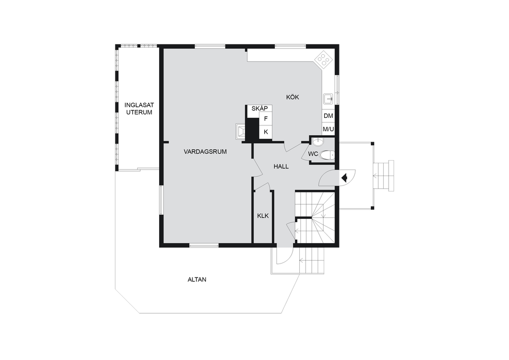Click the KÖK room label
(x=292, y=97)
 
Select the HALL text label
(x=281, y=167)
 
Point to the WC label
(x=313, y=154)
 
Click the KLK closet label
(x=263, y=215)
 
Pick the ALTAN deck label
(x=197, y=279)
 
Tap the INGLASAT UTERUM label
(x=139, y=109)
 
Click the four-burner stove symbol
(x=323, y=59)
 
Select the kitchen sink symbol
(x=329, y=98)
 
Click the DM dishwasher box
(x=329, y=116)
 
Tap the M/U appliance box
(x=329, y=129)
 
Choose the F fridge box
(x=265, y=119)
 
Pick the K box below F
(x=265, y=132)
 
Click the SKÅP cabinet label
(x=259, y=109)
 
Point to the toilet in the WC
(x=327, y=155)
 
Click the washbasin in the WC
(x=318, y=142)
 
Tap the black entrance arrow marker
(x=345, y=178)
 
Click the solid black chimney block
(x=252, y=130)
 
